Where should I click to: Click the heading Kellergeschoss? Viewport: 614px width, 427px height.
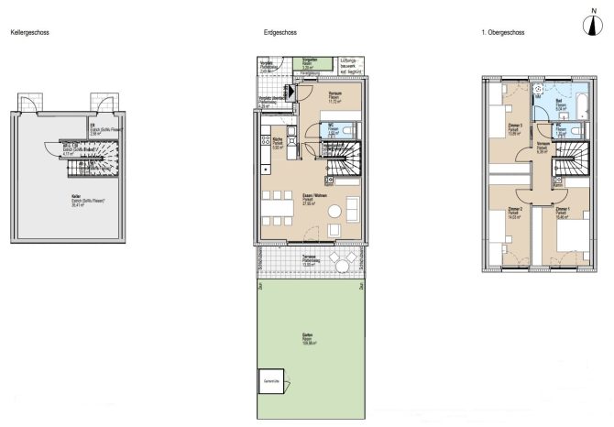29,33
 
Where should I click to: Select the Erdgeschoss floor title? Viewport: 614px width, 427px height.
279,33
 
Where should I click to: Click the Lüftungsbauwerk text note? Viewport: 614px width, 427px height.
352,61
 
